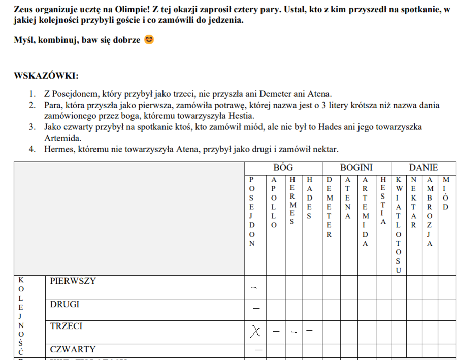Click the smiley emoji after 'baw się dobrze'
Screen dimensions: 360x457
149,40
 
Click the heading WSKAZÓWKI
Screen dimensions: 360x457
46,76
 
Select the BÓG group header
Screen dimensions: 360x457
283,168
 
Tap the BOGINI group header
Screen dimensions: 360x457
356,168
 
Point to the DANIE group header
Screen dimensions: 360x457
423,168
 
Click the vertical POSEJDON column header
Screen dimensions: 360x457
251,211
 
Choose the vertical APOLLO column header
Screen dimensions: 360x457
274,202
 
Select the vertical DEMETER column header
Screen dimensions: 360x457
329,207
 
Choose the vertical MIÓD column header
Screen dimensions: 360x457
446,193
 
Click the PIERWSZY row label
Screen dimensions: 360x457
73,281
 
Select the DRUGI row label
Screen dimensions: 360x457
64,304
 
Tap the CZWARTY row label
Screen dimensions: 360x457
73,349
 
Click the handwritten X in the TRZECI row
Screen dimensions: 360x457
255,332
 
